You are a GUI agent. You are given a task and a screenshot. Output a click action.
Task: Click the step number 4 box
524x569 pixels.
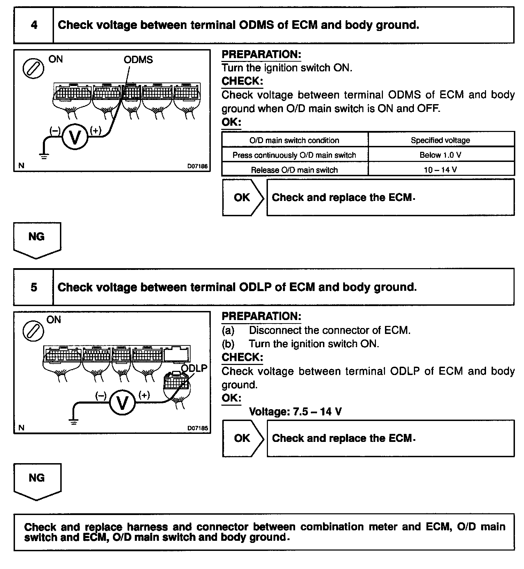pos(34,25)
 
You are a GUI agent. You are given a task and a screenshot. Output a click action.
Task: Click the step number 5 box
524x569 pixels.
pos(34,287)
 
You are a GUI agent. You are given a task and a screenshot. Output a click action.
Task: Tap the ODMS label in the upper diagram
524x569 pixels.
pos(138,60)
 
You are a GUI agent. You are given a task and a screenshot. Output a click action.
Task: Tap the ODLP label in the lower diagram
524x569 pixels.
pos(194,368)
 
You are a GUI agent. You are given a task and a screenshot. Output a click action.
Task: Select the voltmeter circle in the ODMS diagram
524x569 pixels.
pos(75,137)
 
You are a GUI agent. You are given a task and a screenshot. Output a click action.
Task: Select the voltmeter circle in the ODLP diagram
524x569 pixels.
pos(122,403)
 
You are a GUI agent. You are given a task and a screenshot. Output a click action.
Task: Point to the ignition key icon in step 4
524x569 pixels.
pos(33,68)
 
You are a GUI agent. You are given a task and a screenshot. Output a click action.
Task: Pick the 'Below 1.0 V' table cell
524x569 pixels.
pos(440,155)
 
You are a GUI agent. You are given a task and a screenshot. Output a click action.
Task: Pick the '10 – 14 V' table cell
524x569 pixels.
pos(440,170)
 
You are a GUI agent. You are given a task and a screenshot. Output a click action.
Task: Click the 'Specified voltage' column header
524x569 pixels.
pos(440,140)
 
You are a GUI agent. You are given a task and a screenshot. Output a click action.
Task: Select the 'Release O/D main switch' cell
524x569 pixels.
pos(294,170)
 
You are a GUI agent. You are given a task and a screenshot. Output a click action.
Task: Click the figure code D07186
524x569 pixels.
pos(197,166)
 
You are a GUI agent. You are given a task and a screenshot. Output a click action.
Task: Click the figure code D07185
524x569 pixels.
pos(197,428)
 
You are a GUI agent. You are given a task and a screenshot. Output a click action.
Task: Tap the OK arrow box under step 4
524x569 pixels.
pos(242,197)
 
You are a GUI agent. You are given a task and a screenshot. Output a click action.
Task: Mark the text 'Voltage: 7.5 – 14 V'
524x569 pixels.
pos(295,412)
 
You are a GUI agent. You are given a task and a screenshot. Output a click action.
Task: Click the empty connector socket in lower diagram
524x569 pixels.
pos(177,354)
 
